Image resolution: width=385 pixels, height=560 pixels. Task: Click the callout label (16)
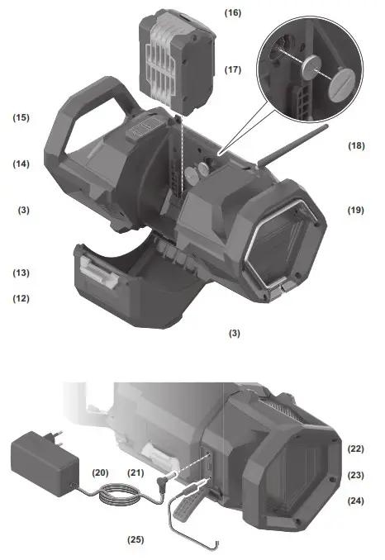click(232, 13)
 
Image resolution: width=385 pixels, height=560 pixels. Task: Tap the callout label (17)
click(232, 69)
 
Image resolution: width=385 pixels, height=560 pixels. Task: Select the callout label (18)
click(356, 145)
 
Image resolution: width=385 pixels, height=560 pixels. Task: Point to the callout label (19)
click(356, 210)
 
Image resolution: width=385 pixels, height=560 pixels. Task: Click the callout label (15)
click(21, 117)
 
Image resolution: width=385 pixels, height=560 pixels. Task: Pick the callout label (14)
click(21, 164)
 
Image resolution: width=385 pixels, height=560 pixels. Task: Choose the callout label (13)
click(21, 273)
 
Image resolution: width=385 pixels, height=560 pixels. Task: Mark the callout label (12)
click(21, 298)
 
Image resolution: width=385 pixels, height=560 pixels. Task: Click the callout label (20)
click(100, 472)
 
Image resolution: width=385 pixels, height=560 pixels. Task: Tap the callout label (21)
click(135, 472)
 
